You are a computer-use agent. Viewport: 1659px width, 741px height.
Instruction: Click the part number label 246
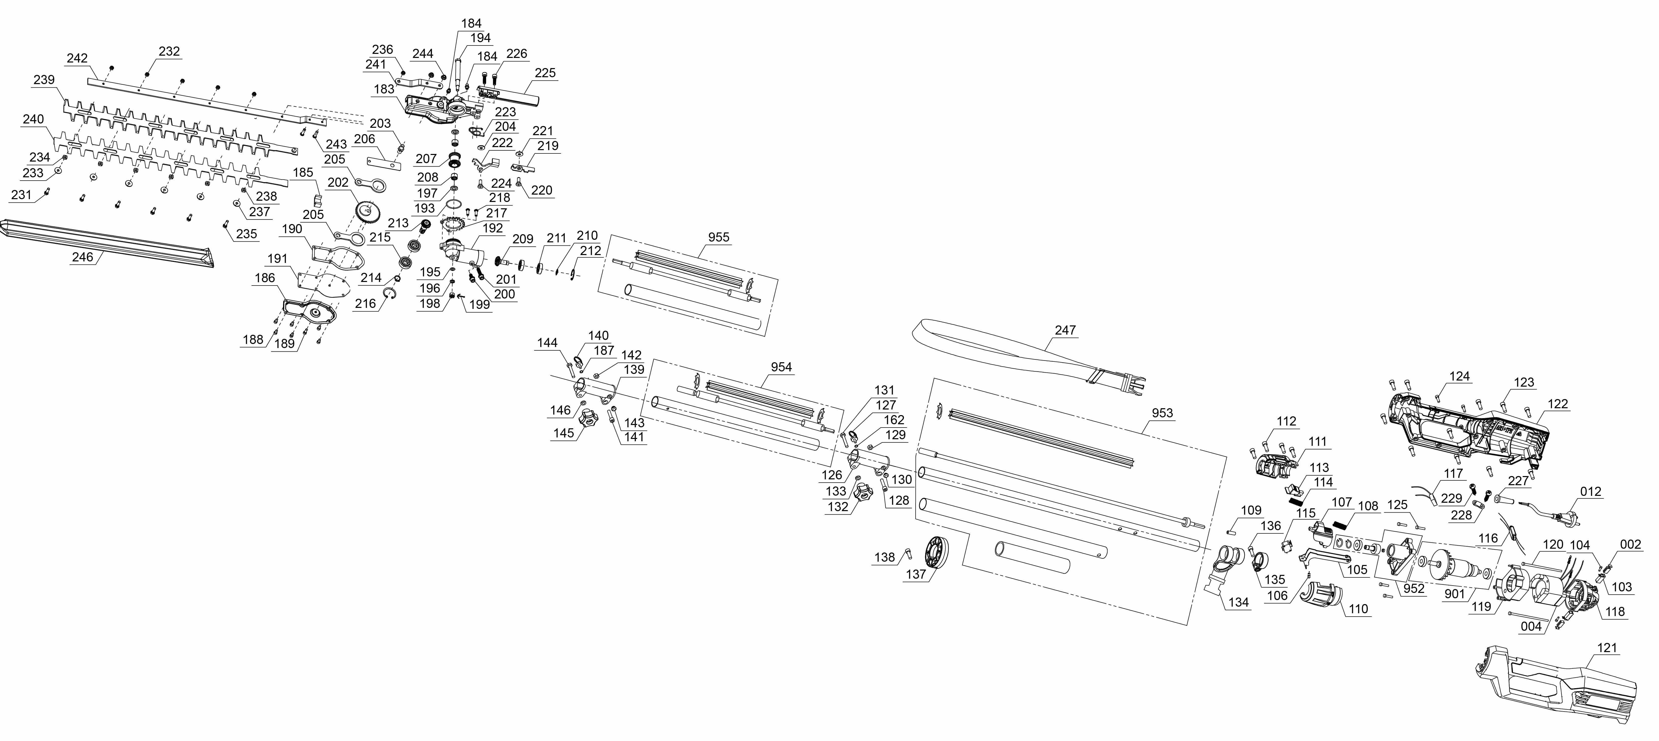pos(83,257)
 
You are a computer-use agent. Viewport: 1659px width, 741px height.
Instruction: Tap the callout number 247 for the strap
pos(1065,330)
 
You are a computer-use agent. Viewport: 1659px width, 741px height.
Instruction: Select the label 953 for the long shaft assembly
pos(1162,413)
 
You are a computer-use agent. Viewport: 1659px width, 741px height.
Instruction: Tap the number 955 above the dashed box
pos(719,237)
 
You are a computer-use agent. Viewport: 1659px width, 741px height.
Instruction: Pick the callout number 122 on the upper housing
pos(1557,404)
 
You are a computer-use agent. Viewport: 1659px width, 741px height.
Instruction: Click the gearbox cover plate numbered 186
pos(311,312)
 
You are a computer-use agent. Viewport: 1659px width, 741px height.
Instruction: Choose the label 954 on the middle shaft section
pos(781,367)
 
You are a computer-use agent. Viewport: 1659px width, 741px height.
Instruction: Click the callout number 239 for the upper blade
pos(44,80)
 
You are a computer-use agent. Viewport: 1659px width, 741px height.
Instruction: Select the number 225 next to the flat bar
pos(545,73)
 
